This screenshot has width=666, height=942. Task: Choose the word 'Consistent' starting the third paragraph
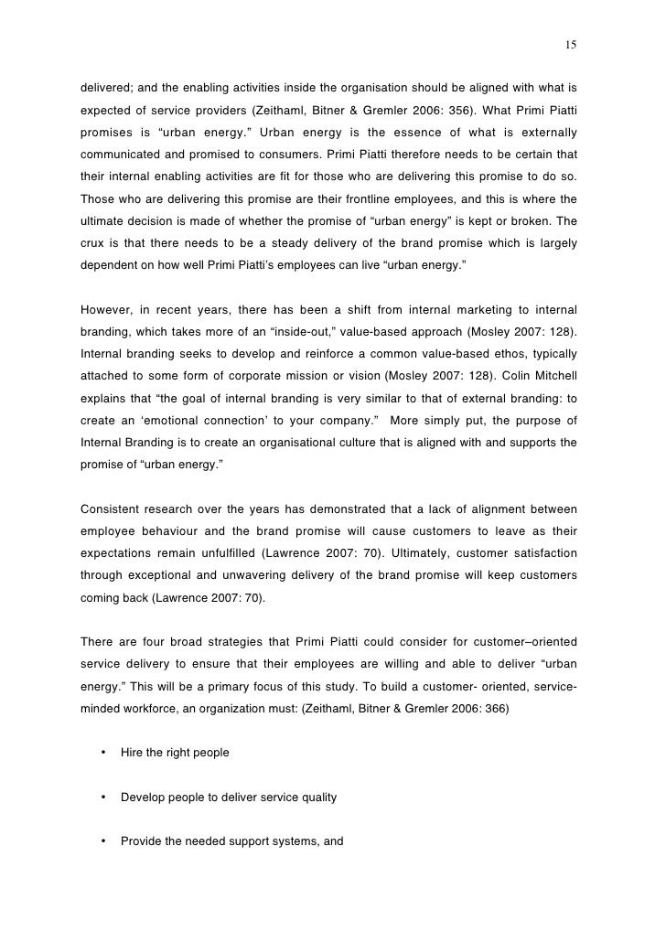pos(112,508)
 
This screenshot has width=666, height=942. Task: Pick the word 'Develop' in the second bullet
pos(143,797)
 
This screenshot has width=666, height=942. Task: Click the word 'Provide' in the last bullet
pos(142,841)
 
